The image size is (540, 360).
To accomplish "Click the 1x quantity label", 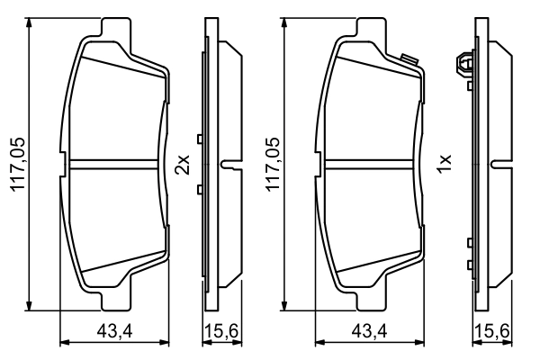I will point(442,165).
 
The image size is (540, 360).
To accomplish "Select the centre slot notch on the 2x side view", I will point(231,164).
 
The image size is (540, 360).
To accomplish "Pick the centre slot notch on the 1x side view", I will point(499,164).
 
